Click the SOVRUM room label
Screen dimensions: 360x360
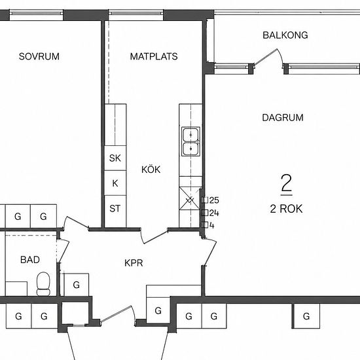(x=39, y=56)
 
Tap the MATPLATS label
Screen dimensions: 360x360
(x=154, y=56)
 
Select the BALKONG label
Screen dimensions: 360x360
(x=285, y=35)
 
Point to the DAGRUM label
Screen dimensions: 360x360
(x=283, y=118)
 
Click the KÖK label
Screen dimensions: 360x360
(x=151, y=170)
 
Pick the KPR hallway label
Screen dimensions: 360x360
(x=134, y=263)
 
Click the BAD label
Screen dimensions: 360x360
(x=30, y=260)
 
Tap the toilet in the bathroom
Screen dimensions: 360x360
(x=43, y=284)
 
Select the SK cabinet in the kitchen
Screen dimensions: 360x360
(x=115, y=158)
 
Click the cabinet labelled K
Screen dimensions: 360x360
(x=115, y=183)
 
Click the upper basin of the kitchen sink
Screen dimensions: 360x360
(x=190, y=135)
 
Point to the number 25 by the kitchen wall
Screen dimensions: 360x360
(x=214, y=200)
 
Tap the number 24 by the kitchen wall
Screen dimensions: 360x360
(x=214, y=213)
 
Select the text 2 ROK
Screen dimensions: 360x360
(x=286, y=209)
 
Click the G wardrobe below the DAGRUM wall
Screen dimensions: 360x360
(x=306, y=316)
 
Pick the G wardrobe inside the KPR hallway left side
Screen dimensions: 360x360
(x=76, y=285)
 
